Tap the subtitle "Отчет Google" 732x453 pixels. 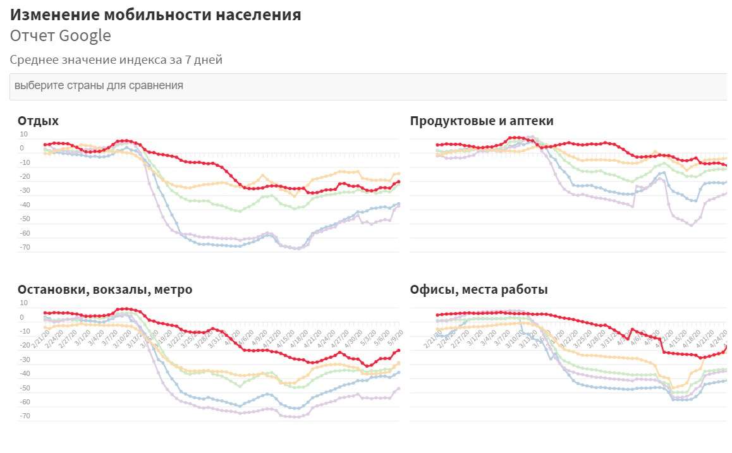[61, 36]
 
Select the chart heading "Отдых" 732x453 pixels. [38, 121]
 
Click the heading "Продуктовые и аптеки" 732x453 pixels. [482, 121]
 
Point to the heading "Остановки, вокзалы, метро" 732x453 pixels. [105, 290]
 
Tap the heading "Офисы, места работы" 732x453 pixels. [479, 290]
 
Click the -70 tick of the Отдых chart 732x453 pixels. [25, 248]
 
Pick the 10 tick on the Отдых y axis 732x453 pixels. [24, 134]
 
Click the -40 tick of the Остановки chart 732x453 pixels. [25, 374]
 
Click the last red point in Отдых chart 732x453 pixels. [398, 182]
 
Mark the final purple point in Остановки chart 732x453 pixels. [398, 389]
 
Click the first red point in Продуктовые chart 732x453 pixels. [437, 145]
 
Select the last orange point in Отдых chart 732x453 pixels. [398, 174]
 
